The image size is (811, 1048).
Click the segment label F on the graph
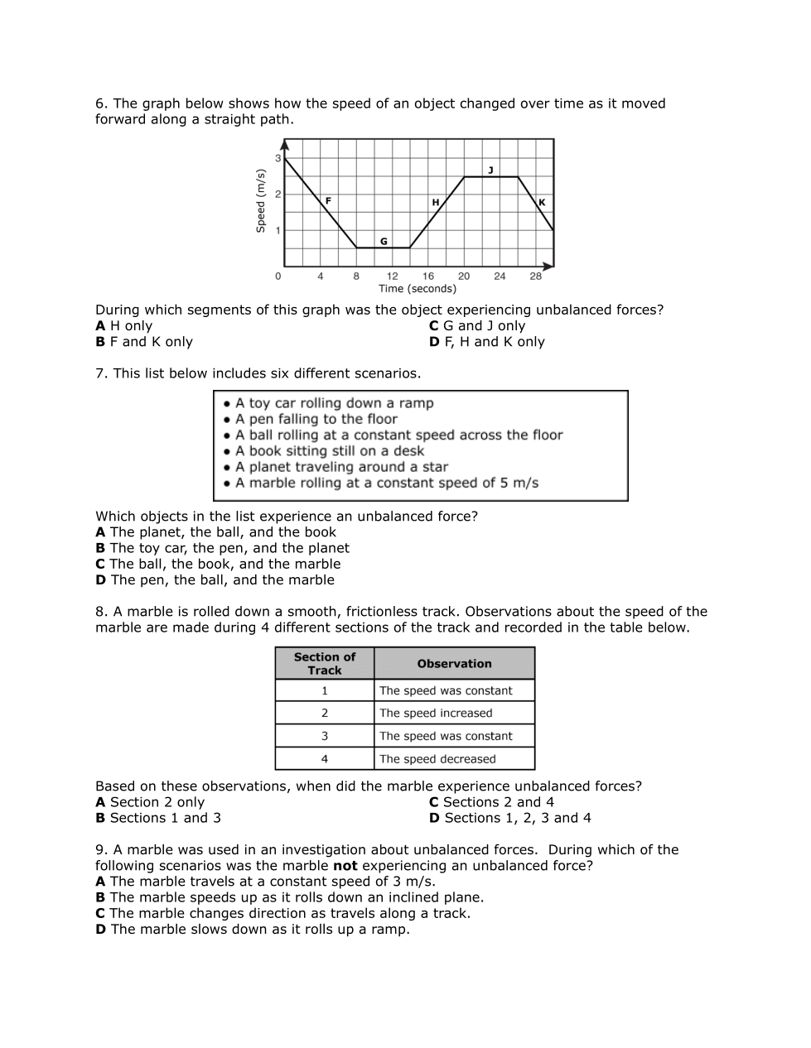328,200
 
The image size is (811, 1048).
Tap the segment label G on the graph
384,242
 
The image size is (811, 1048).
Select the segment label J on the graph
490,170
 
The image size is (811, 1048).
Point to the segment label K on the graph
542,203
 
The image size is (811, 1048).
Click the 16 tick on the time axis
427,276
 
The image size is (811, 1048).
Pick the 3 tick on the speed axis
278,158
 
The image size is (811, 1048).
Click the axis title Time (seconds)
418,289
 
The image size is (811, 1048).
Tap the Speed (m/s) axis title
261,201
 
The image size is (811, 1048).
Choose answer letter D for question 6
434,342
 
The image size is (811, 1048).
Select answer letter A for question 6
100,326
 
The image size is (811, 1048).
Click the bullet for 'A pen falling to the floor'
227,420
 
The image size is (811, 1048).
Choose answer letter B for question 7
100,548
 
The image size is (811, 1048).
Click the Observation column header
454,664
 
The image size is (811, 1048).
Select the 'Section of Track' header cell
325,664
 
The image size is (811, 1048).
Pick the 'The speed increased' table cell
436,714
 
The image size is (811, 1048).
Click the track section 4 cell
325,759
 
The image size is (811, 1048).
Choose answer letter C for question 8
433,802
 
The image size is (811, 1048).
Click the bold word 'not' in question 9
345,866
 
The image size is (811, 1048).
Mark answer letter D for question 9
100,930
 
